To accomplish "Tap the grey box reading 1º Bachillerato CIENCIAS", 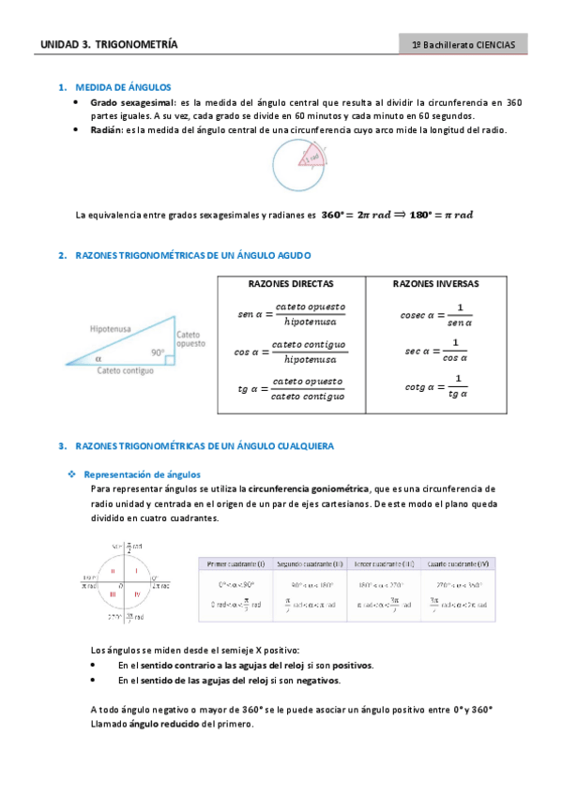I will [x=463, y=44].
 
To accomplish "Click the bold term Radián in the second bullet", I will [x=106, y=130].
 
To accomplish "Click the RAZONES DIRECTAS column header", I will [x=290, y=283].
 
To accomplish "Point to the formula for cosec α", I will [x=435, y=316].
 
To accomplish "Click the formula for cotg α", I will [x=435, y=386].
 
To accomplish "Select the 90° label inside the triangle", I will [x=157, y=353].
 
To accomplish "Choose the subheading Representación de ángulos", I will [x=142, y=474].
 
